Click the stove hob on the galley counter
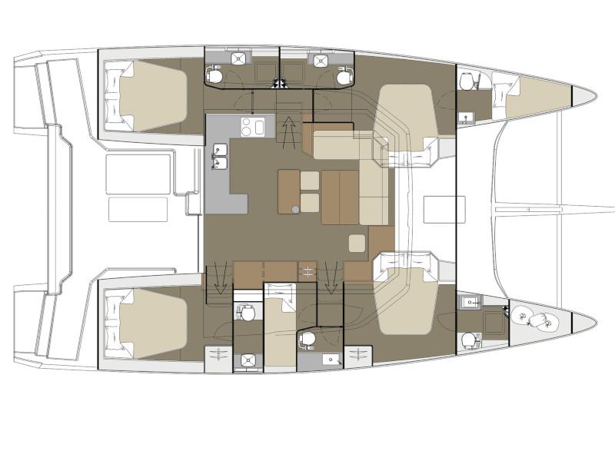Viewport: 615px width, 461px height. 254,126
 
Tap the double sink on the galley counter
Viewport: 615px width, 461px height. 220,162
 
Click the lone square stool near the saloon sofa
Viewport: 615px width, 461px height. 356,244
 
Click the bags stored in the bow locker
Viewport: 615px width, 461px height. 536,317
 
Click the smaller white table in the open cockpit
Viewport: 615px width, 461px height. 138,209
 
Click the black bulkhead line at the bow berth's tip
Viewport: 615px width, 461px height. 573,96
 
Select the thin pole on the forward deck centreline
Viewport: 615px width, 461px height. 553,206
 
